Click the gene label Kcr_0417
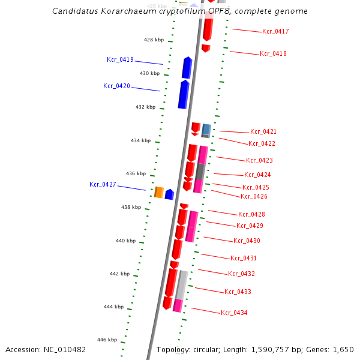tap(275, 31)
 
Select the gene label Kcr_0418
tap(273, 54)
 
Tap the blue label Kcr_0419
tap(120, 59)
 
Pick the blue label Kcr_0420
tap(116, 86)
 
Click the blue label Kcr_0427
tap(103, 184)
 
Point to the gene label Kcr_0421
tap(263, 131)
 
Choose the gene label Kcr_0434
tap(234, 313)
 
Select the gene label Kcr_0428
tap(251, 214)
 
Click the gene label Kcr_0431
tap(244, 258)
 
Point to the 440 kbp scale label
tap(126, 241)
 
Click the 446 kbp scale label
tap(108, 340)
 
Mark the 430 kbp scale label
tap(150, 73)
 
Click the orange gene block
tap(159, 192)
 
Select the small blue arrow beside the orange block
tap(169, 194)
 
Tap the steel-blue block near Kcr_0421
tap(206, 129)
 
